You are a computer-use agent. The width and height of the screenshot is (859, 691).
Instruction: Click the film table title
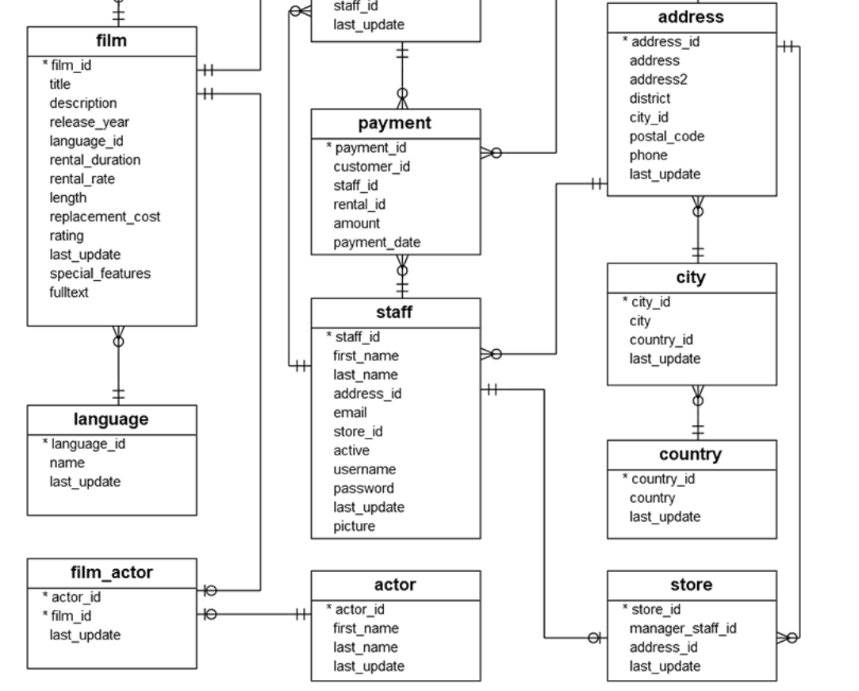[x=112, y=40]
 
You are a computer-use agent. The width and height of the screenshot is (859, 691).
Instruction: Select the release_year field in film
[x=90, y=121]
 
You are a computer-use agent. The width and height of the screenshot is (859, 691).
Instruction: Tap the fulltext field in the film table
[x=69, y=292]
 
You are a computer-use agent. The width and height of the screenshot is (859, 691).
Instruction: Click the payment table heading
[x=396, y=123]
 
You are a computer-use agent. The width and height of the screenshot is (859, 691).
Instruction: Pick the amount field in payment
[x=356, y=223]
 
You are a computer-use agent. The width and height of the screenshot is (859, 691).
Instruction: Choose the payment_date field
[x=377, y=242]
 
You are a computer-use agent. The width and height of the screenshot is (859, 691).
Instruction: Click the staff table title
[x=396, y=312]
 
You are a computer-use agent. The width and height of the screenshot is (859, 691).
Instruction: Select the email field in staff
[x=350, y=413]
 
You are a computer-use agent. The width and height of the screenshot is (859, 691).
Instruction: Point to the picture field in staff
[x=354, y=526]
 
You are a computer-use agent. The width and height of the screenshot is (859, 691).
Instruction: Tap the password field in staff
[x=363, y=488]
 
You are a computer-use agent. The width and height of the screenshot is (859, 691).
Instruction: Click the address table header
[x=692, y=17]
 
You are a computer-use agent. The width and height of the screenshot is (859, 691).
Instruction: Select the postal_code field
[x=666, y=136]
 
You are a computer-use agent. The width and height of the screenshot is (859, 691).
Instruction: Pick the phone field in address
[x=648, y=155]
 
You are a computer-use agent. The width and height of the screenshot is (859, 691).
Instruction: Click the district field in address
[x=650, y=98]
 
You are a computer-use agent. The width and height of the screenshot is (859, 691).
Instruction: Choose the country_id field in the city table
[x=662, y=340]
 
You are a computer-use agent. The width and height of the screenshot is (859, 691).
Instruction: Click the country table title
[x=692, y=455]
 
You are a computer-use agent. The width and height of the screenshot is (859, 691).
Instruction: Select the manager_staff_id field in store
[x=683, y=628]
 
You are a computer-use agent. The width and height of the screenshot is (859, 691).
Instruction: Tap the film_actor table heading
[x=112, y=572]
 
